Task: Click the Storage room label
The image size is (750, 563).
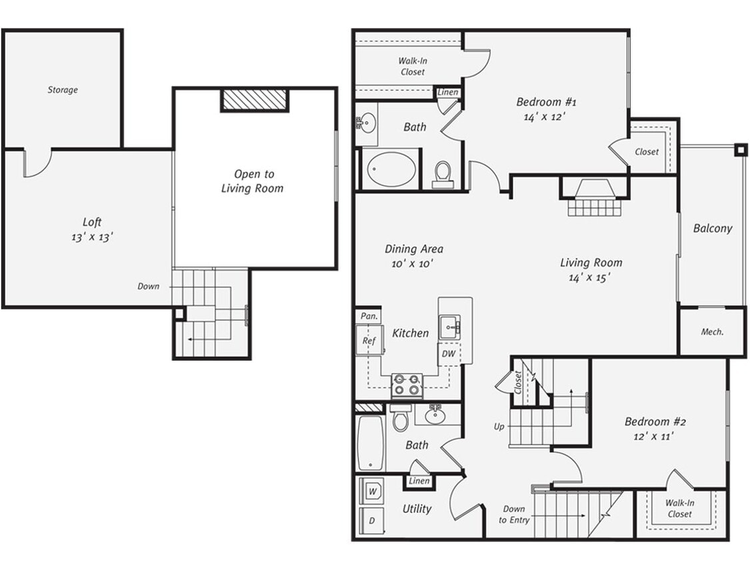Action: click(63, 90)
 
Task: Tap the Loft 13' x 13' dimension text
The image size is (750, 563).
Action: click(92, 237)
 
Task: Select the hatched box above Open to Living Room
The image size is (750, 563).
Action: click(255, 99)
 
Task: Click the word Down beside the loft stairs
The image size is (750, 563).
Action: click(149, 286)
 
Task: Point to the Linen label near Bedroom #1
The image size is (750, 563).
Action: click(448, 92)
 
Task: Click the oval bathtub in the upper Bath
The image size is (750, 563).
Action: click(391, 169)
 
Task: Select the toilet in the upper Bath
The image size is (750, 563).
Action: click(443, 174)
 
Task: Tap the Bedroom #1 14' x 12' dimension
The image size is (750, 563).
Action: click(546, 116)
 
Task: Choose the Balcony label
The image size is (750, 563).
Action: click(712, 228)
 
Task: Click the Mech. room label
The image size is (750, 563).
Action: click(712, 332)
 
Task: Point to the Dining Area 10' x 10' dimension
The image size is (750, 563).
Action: click(413, 263)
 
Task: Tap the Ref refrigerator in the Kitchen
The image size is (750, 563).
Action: click(369, 341)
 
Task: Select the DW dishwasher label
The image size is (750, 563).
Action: click(449, 354)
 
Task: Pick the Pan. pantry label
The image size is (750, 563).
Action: click(367, 316)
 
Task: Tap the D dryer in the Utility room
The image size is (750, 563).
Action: click(372, 520)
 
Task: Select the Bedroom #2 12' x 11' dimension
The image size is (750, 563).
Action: click(655, 436)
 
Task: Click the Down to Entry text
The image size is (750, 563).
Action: click(514, 514)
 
